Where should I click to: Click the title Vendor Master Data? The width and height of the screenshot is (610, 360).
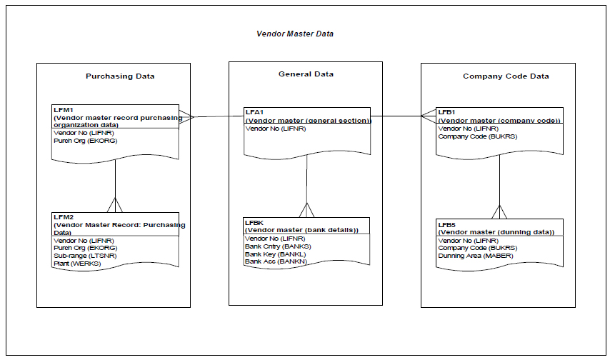tap(294, 34)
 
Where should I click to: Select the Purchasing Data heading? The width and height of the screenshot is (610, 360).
tap(120, 76)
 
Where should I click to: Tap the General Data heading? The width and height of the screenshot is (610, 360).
tap(306, 74)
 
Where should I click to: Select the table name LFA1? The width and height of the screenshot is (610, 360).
tap(254, 113)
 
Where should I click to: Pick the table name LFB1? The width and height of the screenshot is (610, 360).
tap(446, 112)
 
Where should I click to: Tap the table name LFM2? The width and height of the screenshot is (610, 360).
tap(62, 217)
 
